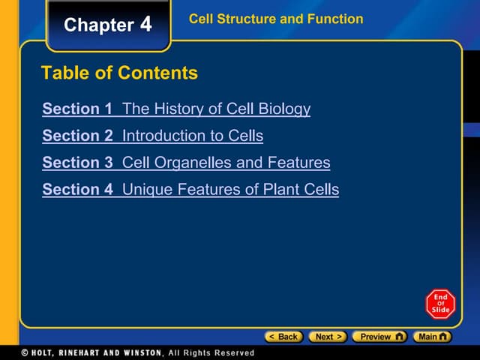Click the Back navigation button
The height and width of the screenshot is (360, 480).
click(284, 337)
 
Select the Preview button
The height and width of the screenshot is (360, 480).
click(379, 337)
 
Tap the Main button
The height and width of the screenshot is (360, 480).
click(434, 337)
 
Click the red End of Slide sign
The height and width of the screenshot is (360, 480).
click(440, 303)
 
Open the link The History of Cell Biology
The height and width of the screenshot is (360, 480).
click(216, 109)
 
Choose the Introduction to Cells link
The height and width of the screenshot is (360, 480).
click(193, 136)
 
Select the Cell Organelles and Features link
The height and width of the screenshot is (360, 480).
click(226, 163)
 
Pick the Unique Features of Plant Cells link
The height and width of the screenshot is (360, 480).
click(230, 190)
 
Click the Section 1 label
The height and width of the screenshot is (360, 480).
click(77, 109)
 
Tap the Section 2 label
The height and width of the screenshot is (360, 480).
click(77, 136)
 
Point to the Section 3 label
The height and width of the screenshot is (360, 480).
click(77, 163)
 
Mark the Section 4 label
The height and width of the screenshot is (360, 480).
click(77, 190)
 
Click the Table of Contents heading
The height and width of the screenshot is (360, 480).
click(120, 73)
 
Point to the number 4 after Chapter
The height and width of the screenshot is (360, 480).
click(145, 25)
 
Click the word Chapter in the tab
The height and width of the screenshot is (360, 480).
click(98, 25)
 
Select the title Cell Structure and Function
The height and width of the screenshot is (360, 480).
click(276, 19)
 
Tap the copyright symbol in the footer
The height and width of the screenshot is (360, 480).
click(25, 352)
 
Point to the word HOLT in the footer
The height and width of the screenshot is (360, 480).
click(44, 352)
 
